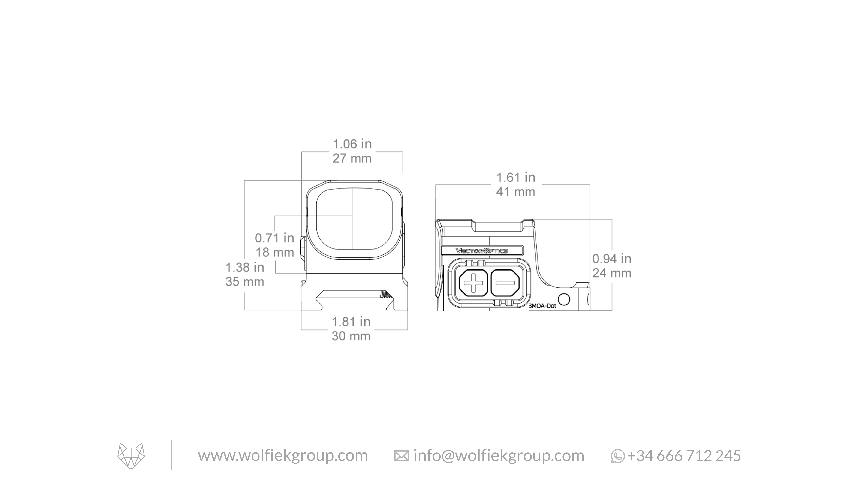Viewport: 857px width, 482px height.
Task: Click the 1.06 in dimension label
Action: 352,144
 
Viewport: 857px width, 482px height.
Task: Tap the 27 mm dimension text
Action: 352,158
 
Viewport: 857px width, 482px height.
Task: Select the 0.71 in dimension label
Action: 274,238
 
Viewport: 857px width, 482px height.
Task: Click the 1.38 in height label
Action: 245,267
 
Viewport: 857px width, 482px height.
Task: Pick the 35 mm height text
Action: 245,282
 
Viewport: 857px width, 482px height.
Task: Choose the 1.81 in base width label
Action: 351,322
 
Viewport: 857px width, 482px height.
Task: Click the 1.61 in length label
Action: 516,177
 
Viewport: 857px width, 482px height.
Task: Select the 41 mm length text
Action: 516,192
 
